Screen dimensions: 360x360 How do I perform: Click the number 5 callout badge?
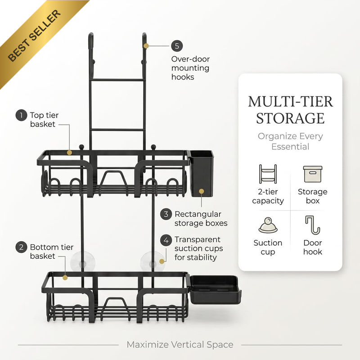coord(177,46)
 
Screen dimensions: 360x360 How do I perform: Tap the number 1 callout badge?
coord(21,115)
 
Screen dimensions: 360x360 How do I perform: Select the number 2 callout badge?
coord(21,247)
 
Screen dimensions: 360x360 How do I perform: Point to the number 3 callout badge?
coord(166,214)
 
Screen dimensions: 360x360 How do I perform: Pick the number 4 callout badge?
coord(166,240)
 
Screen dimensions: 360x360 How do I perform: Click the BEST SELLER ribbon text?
coord(35,36)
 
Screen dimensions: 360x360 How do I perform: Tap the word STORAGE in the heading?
coord(290,118)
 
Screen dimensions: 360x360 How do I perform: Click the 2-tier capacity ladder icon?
coord(268,174)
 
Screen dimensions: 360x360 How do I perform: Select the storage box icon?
coord(312,174)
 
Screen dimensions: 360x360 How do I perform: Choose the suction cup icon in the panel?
coord(268,225)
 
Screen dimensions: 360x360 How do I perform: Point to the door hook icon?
coord(312,225)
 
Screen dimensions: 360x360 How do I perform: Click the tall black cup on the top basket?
coord(201,173)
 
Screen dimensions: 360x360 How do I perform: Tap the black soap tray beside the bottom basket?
coord(215,290)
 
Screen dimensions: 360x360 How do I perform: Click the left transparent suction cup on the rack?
coord(83,262)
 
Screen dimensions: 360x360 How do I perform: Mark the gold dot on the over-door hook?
coord(146,46)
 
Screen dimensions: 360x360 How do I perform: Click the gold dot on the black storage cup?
coord(201,191)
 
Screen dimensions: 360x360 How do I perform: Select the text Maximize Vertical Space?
coord(180,345)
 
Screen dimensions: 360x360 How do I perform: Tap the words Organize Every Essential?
coord(290,141)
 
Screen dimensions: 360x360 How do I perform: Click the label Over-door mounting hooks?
coord(190,68)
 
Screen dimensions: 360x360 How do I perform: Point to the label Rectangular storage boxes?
coord(201,219)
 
